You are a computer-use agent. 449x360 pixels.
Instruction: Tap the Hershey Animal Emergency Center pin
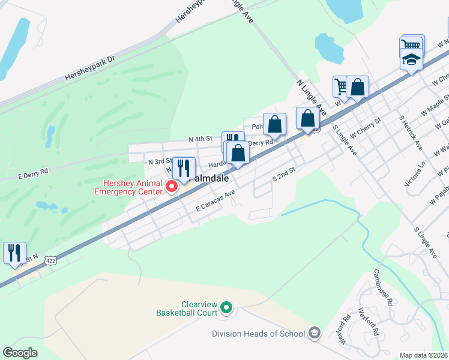(x=172, y=187)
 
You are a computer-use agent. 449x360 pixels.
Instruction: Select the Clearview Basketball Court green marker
(x=226, y=308)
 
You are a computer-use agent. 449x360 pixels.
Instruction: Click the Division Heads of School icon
(x=315, y=334)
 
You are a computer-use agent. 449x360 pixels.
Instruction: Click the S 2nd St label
(x=285, y=175)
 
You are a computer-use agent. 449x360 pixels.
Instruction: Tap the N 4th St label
(x=200, y=139)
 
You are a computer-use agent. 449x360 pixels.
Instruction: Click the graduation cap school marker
(x=411, y=60)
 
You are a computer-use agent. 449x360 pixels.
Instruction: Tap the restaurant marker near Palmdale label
(x=184, y=169)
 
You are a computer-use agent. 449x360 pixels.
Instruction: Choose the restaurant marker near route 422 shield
(x=14, y=253)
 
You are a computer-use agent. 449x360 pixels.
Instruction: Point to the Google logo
(x=20, y=353)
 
